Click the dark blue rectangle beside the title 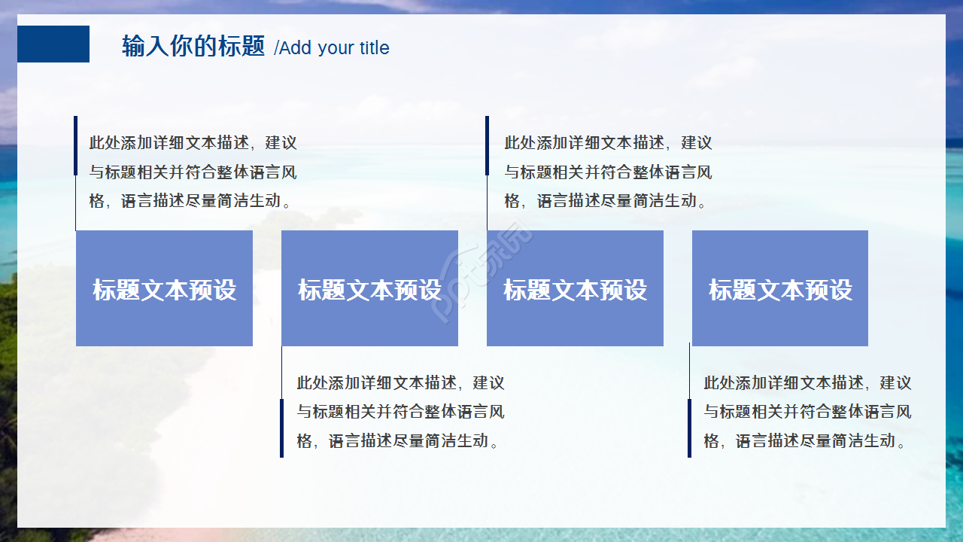[53, 44]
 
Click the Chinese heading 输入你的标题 [193, 47]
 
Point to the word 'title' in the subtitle [374, 48]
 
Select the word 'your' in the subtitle [336, 49]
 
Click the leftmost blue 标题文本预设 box [164, 288]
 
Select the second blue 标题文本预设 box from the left [369, 288]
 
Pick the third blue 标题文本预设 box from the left [575, 288]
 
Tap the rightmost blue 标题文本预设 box [780, 288]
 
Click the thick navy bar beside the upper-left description [75, 145]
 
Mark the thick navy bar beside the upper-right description [487, 145]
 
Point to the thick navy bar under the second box [282, 428]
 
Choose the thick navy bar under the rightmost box [689, 428]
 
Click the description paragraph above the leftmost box [193, 172]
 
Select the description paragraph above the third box [608, 172]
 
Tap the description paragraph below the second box [400, 412]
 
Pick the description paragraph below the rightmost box [807, 412]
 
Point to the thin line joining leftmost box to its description [76, 203]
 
